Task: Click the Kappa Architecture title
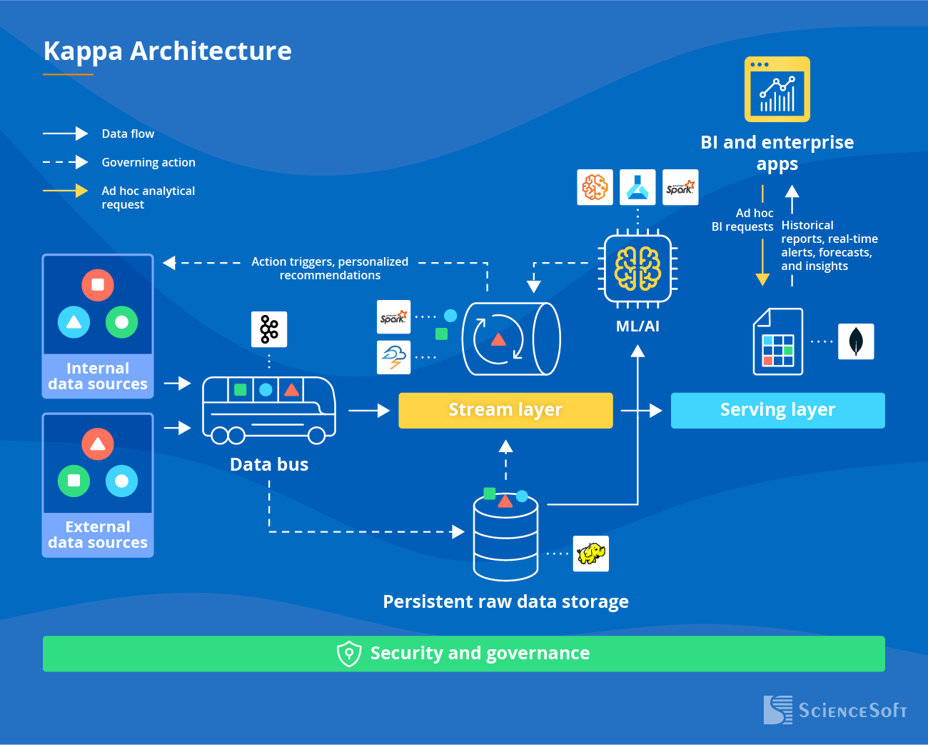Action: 168,51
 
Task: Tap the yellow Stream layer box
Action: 505,410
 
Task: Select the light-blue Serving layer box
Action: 777,410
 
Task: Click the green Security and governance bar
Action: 464,654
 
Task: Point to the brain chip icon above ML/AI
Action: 637,269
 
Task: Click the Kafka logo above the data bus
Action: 269,329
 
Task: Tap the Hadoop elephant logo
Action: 591,554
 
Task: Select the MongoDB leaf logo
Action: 856,341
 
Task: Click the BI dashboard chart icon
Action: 777,89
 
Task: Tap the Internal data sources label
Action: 98,376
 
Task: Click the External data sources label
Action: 98,535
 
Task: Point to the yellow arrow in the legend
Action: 65,191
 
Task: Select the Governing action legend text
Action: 148,162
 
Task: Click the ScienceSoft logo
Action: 835,710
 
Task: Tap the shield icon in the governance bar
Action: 349,654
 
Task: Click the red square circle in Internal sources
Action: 98,285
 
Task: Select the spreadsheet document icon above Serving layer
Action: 778,341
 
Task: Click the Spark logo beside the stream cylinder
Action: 393,317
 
